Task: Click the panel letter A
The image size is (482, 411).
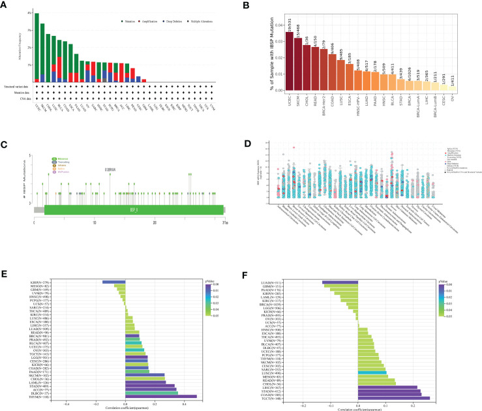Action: (5, 5)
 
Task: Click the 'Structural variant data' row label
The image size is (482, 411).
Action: (16, 86)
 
